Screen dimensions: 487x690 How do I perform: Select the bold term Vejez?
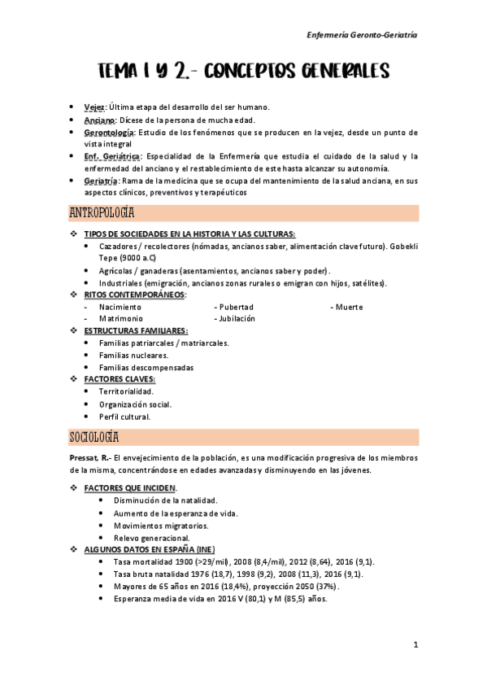94,107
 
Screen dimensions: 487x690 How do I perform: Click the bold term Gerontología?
109,132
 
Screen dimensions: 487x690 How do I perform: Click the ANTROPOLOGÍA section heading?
102,214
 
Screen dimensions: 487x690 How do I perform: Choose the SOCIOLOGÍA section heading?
95,438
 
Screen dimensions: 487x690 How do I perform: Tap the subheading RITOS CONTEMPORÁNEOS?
134,295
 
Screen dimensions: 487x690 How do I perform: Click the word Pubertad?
236,307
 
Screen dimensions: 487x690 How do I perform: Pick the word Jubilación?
237,319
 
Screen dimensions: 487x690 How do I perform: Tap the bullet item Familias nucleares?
133,356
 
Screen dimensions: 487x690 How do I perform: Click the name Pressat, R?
90,459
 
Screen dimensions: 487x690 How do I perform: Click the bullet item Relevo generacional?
152,537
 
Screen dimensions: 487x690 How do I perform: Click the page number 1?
415,645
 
